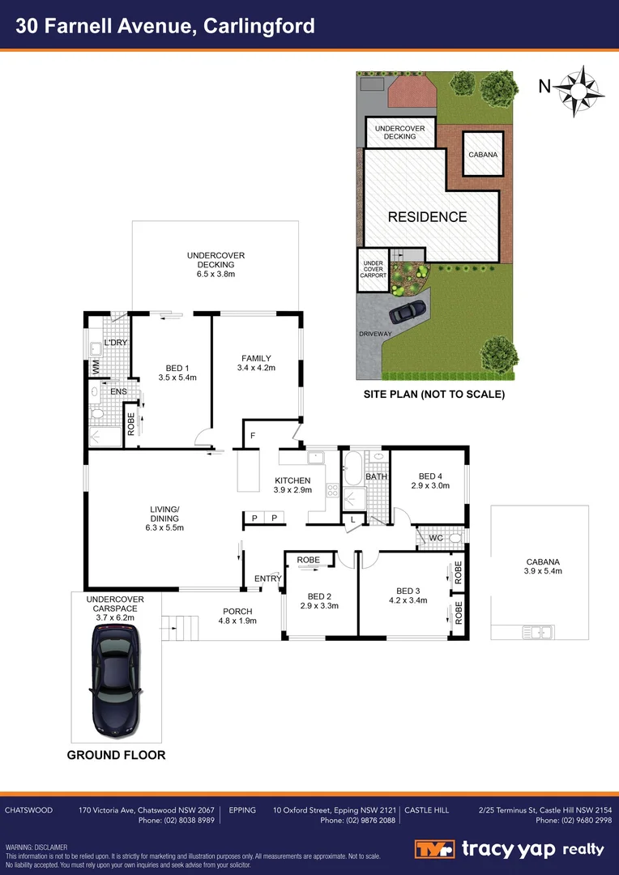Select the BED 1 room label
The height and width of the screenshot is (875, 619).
click(x=177, y=371)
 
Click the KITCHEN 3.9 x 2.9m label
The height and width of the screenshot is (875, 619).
click(x=292, y=486)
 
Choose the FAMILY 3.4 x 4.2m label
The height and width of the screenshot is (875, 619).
click(x=256, y=364)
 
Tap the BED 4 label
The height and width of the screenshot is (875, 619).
click(x=429, y=480)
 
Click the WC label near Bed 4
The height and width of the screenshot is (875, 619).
click(x=436, y=538)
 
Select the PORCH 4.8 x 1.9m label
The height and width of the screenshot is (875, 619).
click(x=237, y=616)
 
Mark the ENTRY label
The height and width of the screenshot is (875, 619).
click(x=267, y=578)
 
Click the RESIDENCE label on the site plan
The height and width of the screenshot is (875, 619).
click(x=427, y=217)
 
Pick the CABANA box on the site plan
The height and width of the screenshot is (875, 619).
click(x=483, y=154)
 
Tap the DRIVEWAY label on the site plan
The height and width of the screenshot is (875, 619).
click(x=374, y=334)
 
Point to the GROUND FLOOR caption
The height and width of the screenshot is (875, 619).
click(x=116, y=755)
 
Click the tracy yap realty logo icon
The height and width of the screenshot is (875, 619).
click(x=436, y=849)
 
